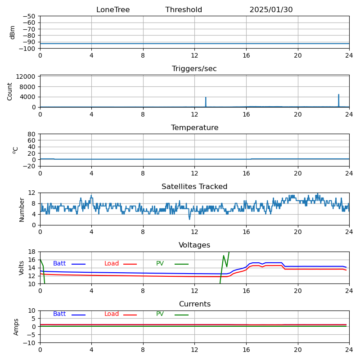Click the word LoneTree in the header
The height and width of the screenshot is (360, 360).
point(113,10)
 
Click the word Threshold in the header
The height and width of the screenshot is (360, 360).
point(184,10)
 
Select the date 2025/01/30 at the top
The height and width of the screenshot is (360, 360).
point(271,10)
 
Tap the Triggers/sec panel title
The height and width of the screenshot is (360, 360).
point(194,69)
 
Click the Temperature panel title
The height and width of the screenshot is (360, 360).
point(194,128)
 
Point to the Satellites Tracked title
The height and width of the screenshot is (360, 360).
point(194,187)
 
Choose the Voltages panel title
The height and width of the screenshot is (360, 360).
point(194,245)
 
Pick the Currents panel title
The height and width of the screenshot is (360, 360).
point(194,304)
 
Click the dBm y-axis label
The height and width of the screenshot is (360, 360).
point(13,32)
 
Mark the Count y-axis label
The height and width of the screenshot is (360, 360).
point(10,91)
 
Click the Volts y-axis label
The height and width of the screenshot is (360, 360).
point(22,268)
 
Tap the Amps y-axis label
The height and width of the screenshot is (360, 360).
point(16,327)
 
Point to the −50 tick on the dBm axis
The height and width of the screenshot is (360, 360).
point(29,16)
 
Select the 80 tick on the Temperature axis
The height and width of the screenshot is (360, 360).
point(32,134)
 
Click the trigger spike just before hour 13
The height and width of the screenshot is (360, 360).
point(206,102)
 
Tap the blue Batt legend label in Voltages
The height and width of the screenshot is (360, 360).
point(59,264)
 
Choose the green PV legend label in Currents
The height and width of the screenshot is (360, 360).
point(160,314)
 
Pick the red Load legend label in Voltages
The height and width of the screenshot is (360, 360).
point(112,264)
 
